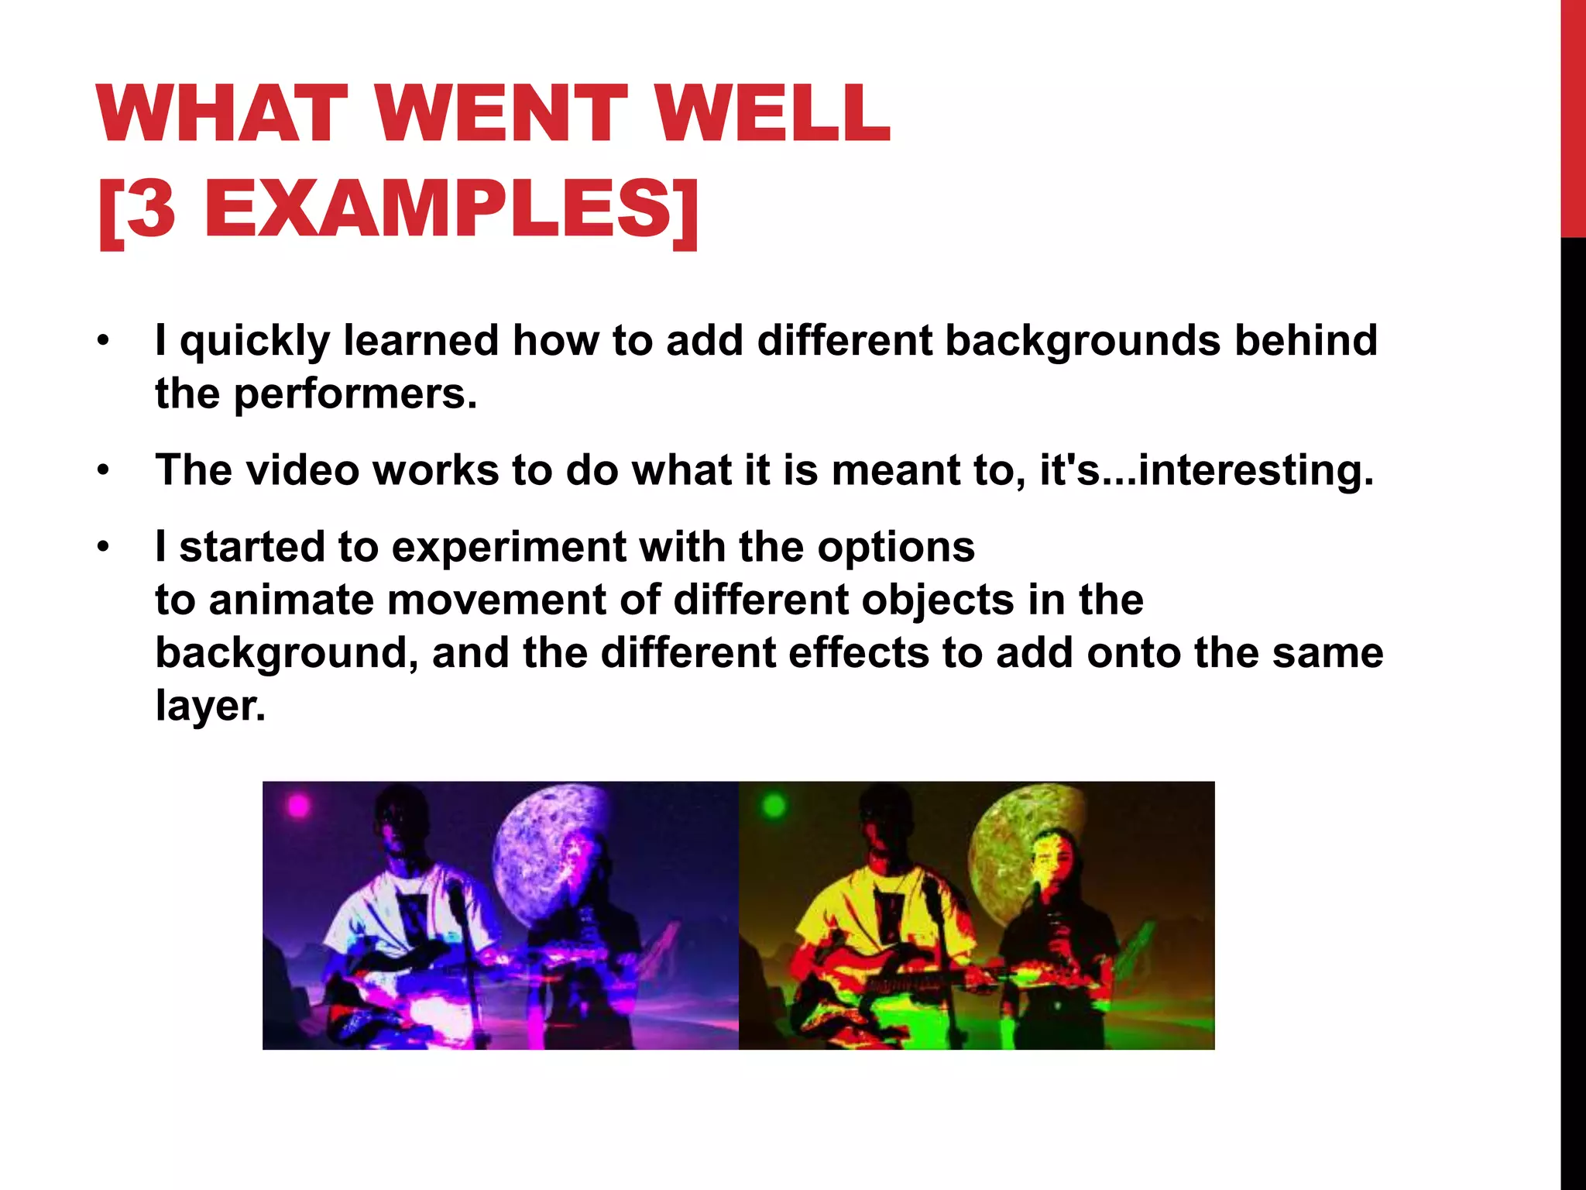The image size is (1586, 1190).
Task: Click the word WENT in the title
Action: click(x=503, y=114)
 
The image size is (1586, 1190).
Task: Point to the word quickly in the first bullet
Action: click(x=255, y=342)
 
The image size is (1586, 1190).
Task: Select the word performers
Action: click(x=355, y=394)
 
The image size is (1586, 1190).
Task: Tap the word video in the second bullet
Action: click(x=302, y=470)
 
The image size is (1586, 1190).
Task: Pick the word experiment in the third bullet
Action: click(x=509, y=547)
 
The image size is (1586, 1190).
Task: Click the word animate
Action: click(x=291, y=600)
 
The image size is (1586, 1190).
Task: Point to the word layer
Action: click(x=210, y=706)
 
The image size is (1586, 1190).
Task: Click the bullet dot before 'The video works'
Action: click(x=104, y=471)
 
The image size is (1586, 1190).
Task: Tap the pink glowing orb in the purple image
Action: click(x=299, y=807)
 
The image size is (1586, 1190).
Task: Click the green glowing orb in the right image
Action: click(x=774, y=807)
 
